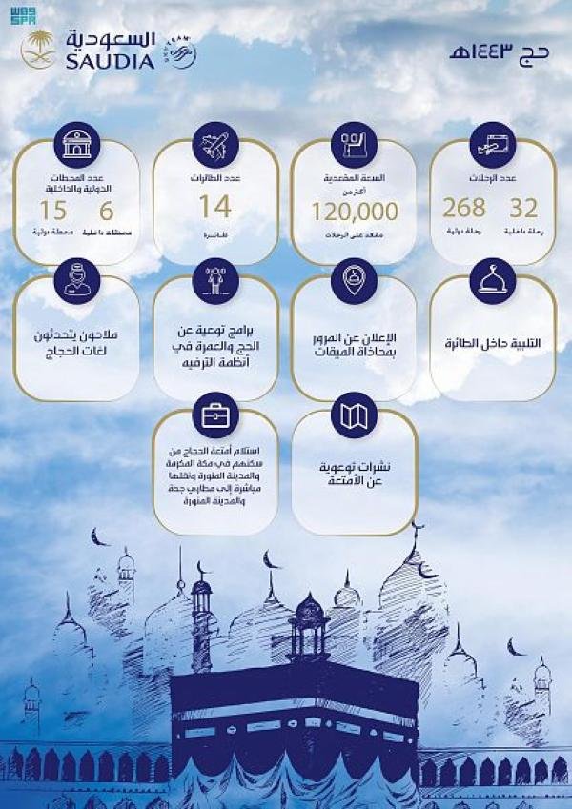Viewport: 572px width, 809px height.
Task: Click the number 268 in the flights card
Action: (x=464, y=208)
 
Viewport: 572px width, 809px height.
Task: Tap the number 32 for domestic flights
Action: (x=523, y=208)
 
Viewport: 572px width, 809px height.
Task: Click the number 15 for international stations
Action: (x=53, y=210)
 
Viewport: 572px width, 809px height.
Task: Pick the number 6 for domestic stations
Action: (x=106, y=210)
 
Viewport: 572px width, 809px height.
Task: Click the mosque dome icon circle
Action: (x=492, y=279)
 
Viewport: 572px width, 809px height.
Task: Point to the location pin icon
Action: (x=354, y=279)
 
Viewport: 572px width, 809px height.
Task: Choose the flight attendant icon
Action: (x=78, y=279)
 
